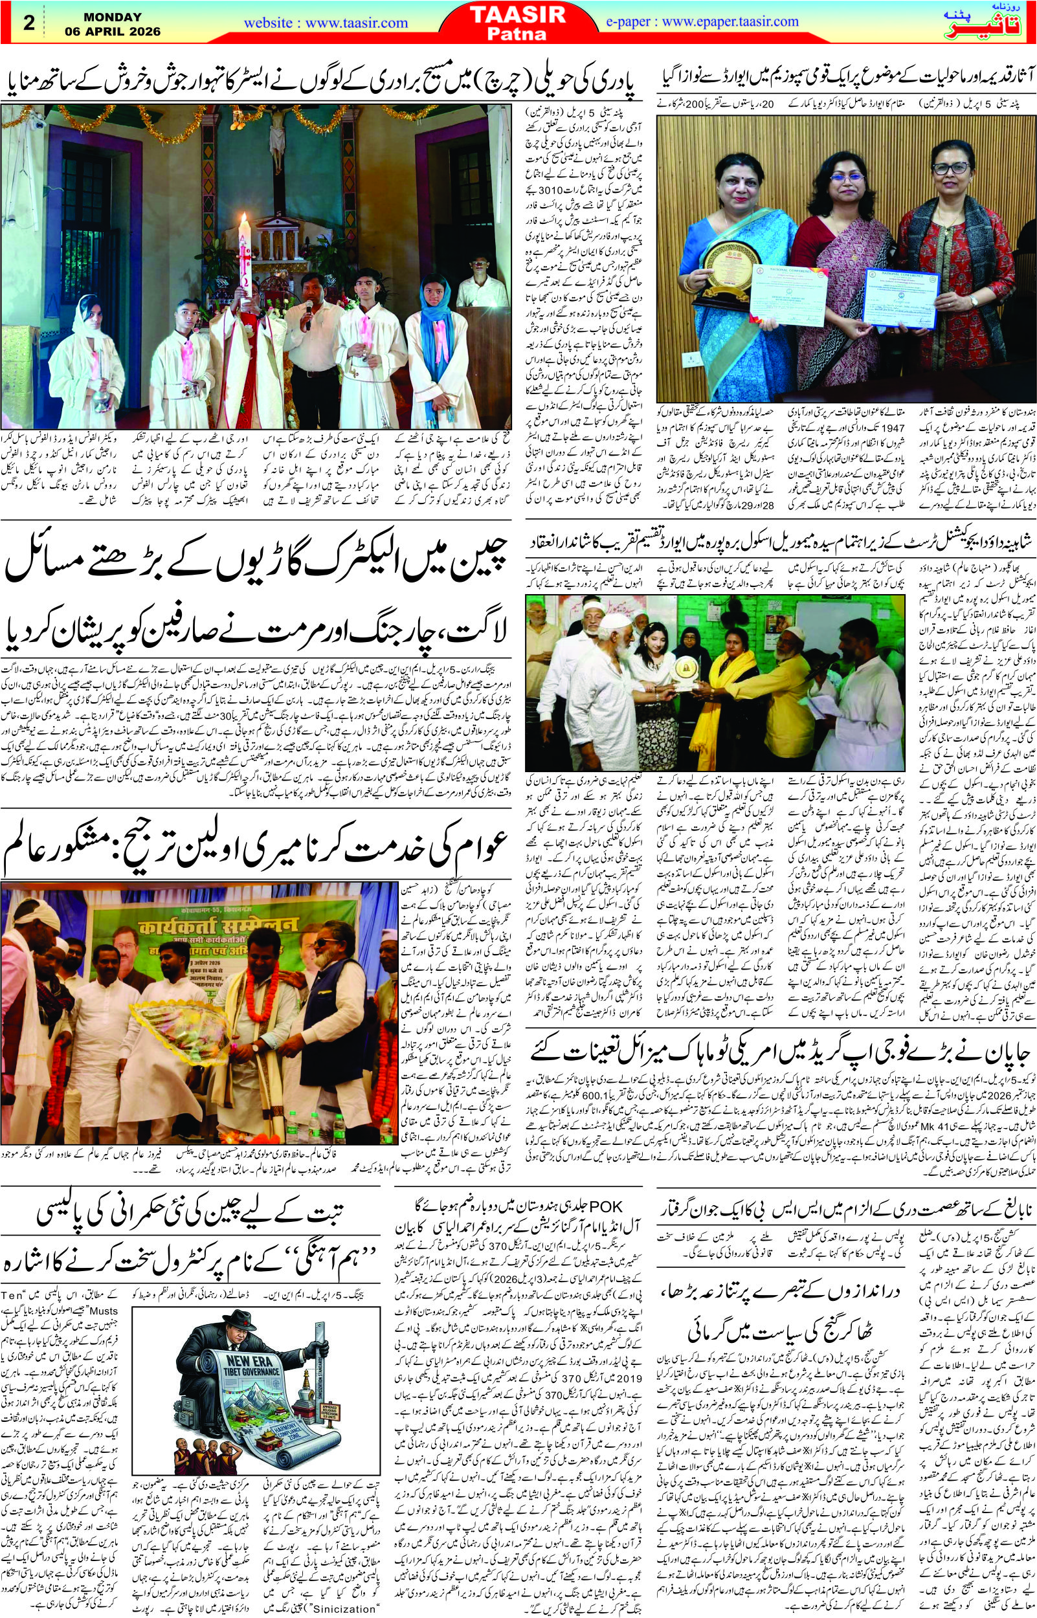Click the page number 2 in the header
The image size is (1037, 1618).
(x=29, y=22)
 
